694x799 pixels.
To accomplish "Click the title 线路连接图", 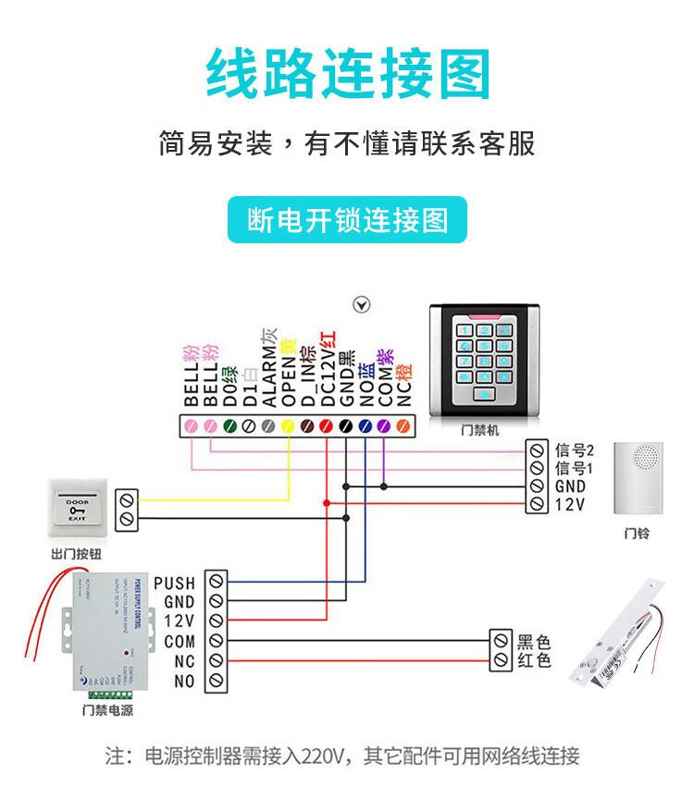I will tap(347, 75).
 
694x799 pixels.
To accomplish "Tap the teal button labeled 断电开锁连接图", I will tap(347, 220).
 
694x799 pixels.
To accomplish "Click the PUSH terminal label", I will tap(174, 584).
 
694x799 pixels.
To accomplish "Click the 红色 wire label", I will tap(534, 660).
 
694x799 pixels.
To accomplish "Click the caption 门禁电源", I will tap(107, 710).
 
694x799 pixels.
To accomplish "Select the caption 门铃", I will tap(637, 534).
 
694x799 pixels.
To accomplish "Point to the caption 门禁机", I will tap(480, 430).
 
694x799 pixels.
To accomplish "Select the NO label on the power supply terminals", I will tap(184, 682).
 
